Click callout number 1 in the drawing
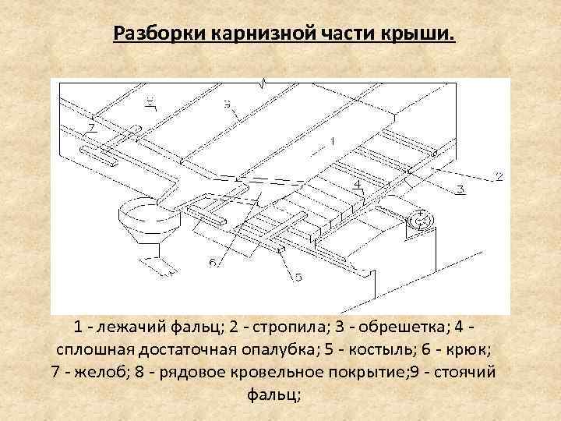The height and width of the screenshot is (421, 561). [332, 141]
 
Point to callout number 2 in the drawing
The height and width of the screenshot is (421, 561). [499, 177]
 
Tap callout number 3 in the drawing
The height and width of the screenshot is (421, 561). [460, 189]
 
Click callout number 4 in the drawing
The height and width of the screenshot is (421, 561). [356, 185]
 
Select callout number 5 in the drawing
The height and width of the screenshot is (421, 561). [298, 277]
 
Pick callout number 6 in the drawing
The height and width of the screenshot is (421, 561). [213, 263]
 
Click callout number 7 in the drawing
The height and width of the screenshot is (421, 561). [91, 126]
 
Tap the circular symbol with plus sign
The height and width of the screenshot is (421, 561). [422, 218]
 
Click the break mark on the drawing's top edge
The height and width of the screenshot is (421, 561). [266, 82]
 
